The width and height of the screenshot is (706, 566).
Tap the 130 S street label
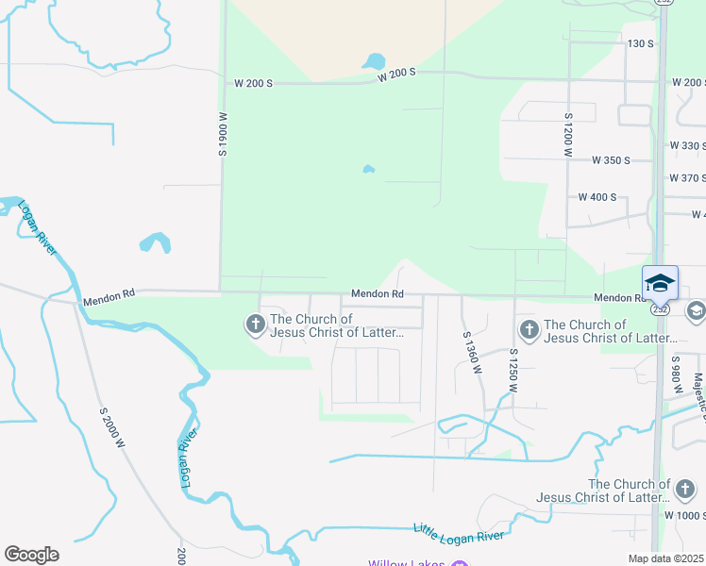click(x=640, y=43)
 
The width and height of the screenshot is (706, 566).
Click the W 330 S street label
click(x=687, y=145)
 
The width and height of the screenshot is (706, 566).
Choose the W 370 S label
click(x=687, y=177)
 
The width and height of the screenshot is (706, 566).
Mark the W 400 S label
click(x=597, y=197)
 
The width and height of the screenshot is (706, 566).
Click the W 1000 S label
click(x=683, y=515)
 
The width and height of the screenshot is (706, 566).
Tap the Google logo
click(x=31, y=555)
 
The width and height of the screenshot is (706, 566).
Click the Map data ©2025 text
click(x=665, y=558)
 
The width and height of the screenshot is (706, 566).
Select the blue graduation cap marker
click(x=660, y=282)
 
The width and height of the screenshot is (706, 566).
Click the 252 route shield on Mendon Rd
click(x=661, y=308)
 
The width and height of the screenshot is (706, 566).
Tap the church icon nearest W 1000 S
click(x=685, y=490)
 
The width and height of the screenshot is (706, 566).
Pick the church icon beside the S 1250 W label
click(x=529, y=329)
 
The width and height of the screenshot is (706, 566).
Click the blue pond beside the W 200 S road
click(x=373, y=63)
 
